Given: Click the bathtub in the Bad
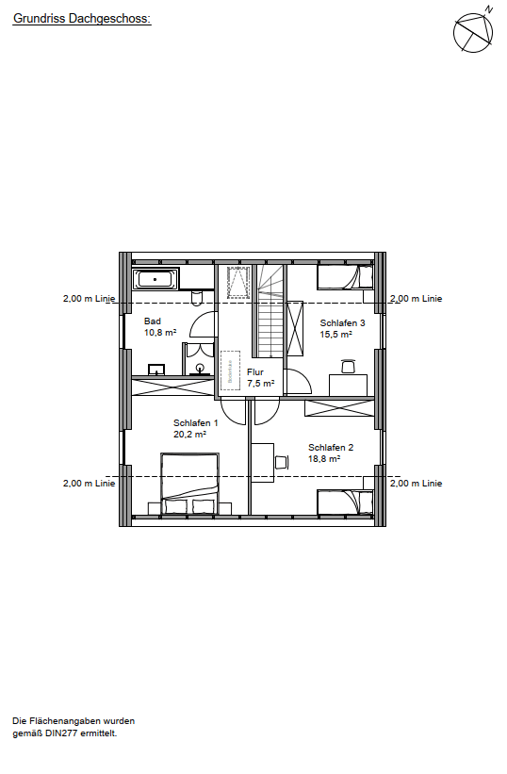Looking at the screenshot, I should pyautogui.click(x=155, y=278).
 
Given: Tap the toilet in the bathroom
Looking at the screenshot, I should pyautogui.click(x=196, y=298).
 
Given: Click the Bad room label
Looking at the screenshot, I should pyautogui.click(x=153, y=321).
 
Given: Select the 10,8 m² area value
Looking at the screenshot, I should pyautogui.click(x=161, y=333).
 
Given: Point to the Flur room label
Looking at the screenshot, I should pyautogui.click(x=255, y=372).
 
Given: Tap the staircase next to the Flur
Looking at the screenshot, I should pyautogui.click(x=269, y=311).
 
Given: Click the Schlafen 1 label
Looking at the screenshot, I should pyautogui.click(x=195, y=423).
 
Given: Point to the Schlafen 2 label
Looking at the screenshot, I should pyautogui.click(x=331, y=447).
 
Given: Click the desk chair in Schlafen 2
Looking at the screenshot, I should pyautogui.click(x=281, y=461).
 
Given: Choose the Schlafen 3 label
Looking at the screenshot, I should pyautogui.click(x=342, y=322).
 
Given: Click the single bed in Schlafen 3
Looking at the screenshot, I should pyautogui.click(x=345, y=276).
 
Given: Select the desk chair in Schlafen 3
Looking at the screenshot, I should pyautogui.click(x=348, y=366).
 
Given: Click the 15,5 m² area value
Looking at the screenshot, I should pyautogui.click(x=335, y=334).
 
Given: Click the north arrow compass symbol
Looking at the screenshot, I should pyautogui.click(x=473, y=32).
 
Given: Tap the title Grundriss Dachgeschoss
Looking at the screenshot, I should pyautogui.click(x=81, y=18).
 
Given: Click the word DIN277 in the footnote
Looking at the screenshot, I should pyautogui.click(x=58, y=733).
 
